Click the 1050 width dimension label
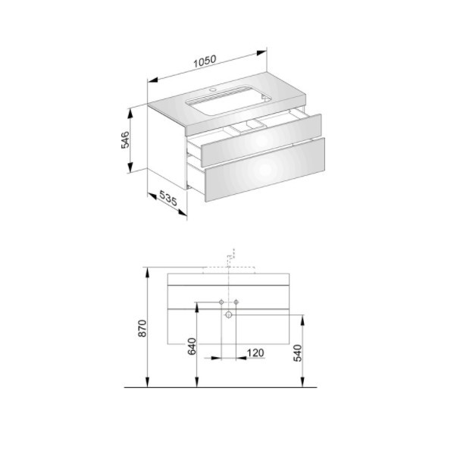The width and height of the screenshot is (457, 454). pos(205,61)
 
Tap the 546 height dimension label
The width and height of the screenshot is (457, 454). pos(125,139)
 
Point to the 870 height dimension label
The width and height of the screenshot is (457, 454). pos(142,328)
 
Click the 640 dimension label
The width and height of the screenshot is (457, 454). pos(192,346)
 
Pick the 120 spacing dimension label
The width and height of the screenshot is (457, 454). pos(255,353)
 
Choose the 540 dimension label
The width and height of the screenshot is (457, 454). pos(298,353)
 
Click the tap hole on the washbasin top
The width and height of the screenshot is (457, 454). pos(214,89)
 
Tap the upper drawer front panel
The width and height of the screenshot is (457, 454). pos(261,141)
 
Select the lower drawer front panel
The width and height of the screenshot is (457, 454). pos(265,170)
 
